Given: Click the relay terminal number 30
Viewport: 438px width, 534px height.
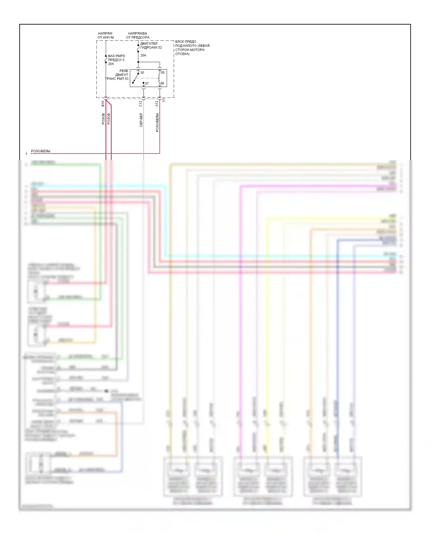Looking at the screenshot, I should (x=142, y=72).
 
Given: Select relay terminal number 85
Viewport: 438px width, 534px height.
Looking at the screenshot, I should (x=163, y=72).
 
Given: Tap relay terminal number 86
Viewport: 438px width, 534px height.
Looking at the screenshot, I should (x=162, y=83).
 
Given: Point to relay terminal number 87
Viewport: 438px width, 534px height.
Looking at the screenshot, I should (x=147, y=84).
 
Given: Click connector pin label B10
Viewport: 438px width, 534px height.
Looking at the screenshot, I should (x=103, y=103).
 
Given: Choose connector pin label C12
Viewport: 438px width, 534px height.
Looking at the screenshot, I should (x=140, y=103).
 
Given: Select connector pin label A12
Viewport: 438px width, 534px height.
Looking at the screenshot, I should (x=157, y=103).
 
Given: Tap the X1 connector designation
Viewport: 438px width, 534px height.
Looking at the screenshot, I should (x=164, y=100).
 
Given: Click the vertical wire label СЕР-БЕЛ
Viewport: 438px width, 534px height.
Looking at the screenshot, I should (x=141, y=120).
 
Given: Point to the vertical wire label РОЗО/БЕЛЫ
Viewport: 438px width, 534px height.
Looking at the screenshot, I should (x=157, y=123).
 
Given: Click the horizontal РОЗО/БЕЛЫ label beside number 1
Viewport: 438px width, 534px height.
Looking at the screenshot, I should (x=41, y=151).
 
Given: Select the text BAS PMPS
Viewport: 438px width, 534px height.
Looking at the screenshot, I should (x=117, y=56).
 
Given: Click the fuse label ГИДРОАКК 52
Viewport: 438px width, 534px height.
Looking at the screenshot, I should (x=151, y=47).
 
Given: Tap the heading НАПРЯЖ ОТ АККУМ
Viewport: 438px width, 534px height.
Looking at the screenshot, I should (x=105, y=35).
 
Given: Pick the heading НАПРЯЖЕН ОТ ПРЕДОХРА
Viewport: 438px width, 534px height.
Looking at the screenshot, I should (x=138, y=35).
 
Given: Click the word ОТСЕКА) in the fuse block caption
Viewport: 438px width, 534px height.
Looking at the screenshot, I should (x=182, y=54).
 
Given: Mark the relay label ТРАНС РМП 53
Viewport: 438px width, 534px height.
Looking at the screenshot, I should (x=117, y=79).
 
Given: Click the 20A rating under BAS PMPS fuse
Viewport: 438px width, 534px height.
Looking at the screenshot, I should (x=111, y=64).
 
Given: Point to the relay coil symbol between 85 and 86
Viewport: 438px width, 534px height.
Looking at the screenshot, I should (x=159, y=78).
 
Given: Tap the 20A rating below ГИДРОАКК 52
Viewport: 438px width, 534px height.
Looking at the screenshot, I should (x=143, y=55).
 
